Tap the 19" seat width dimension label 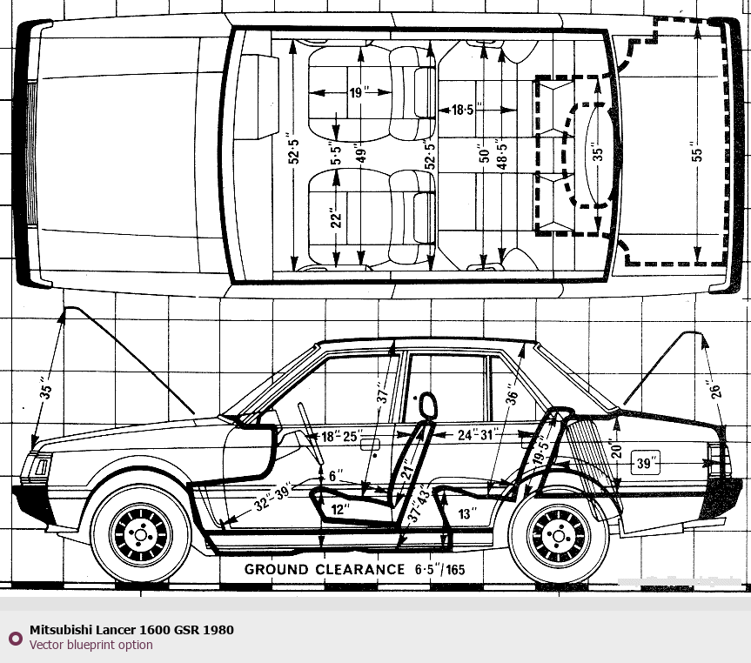[357, 93]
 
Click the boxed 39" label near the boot [645, 464]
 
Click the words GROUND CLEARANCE [324, 570]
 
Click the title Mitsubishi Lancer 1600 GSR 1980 [131, 630]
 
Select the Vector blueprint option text [91, 645]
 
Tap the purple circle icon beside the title [14, 638]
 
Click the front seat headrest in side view [427, 406]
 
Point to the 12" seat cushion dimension [340, 507]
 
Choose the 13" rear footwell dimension [467, 514]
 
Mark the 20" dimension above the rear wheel [617, 451]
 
